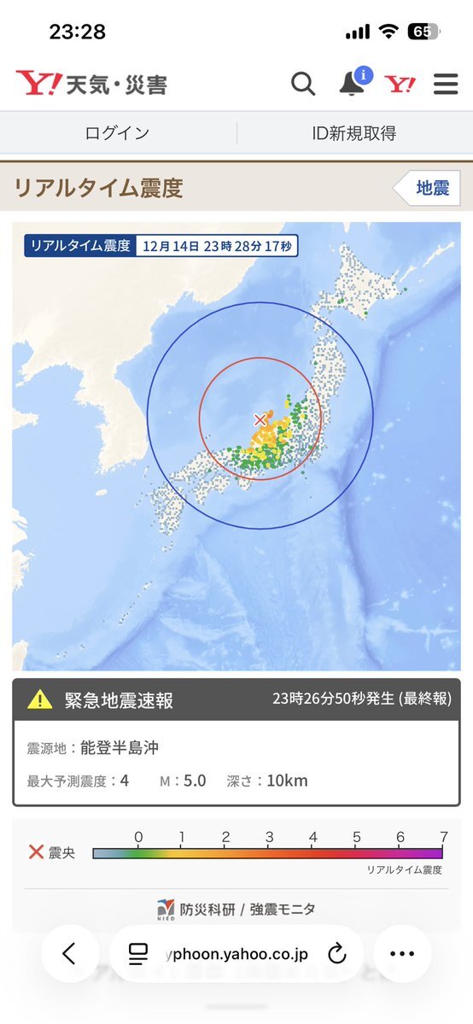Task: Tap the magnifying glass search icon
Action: tap(303, 84)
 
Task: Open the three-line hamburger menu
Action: tap(446, 84)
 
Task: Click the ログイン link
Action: tap(118, 133)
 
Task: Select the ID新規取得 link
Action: tap(354, 133)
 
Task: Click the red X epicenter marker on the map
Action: tap(260, 419)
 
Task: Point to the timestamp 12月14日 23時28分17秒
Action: tap(217, 247)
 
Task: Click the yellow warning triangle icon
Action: tap(40, 700)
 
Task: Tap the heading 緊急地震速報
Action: tap(119, 700)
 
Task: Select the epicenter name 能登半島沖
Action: tap(120, 748)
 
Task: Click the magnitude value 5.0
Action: tap(195, 781)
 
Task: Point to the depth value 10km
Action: tap(287, 781)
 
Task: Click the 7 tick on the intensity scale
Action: tap(442, 838)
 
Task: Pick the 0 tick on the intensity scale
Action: tap(138, 838)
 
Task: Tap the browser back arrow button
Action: tap(69, 953)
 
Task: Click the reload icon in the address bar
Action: tap(336, 953)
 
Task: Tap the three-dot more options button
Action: tap(401, 953)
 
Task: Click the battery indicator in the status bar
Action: tap(422, 32)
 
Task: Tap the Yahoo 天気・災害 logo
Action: tap(91, 84)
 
